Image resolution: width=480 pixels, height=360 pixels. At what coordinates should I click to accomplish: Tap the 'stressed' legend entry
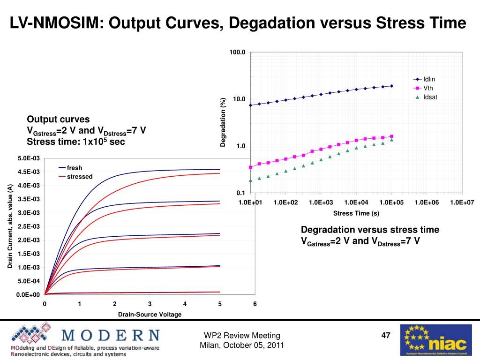79,177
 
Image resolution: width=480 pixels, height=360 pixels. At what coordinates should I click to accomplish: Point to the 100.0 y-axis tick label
237,52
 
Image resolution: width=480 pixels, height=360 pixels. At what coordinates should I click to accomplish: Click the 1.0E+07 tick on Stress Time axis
462,202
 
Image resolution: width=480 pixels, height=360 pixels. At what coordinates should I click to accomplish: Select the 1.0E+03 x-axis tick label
321,202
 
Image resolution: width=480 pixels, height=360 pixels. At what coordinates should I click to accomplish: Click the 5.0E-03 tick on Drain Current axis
29,158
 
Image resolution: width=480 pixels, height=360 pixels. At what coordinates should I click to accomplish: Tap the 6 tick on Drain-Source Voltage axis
255,304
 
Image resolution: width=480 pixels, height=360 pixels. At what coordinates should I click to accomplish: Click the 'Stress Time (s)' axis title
356,213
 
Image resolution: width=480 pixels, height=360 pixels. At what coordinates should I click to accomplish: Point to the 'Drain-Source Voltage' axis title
150,315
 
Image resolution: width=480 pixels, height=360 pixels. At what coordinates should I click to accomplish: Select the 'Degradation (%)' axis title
223,122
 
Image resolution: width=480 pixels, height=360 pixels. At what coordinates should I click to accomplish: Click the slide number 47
386,335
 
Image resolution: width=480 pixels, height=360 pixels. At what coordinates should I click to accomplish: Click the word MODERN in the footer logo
111,335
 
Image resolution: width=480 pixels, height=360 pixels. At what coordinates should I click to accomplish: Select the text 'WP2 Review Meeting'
242,335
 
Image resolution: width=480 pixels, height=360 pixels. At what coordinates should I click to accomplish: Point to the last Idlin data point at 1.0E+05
391,86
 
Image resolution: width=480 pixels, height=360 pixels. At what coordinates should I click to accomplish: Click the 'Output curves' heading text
58,119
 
